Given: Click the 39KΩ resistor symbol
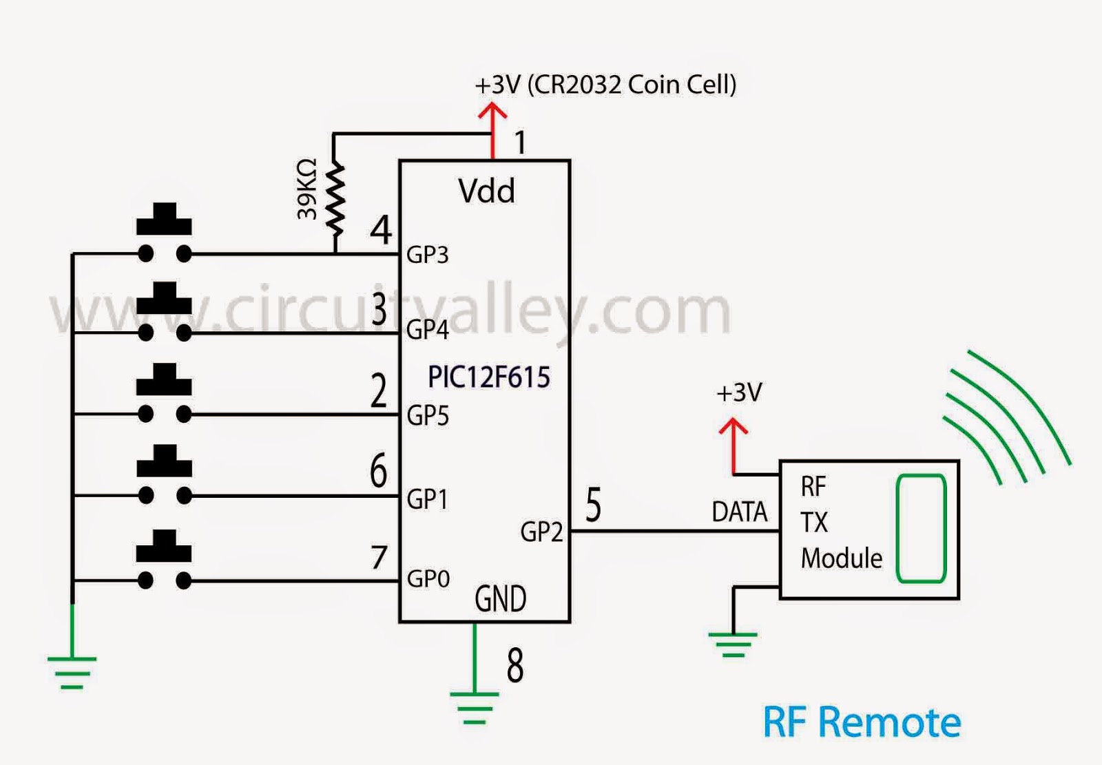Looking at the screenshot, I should (335, 200).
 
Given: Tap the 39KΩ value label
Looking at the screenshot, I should (307, 189).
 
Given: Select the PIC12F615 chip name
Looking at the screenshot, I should (488, 377).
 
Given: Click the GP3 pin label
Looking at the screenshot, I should (427, 255).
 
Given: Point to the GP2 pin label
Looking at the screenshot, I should (541, 532).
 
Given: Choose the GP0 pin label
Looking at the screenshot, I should (428, 579).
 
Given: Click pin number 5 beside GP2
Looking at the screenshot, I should (593, 505).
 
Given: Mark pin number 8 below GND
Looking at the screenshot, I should (515, 666).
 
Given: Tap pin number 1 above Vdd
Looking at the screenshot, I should (521, 143).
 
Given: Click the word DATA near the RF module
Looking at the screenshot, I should (739, 512).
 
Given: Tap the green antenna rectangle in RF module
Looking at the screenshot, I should (921, 528).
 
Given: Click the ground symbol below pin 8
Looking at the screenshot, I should (474, 706).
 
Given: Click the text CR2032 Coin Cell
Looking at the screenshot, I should (632, 85).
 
